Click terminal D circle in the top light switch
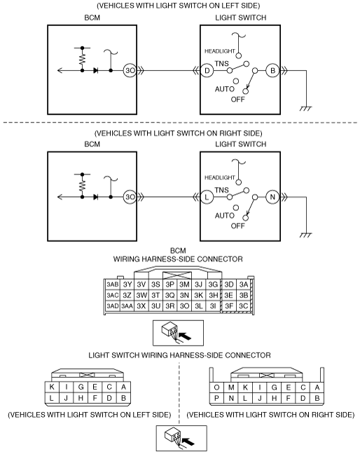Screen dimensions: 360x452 click(207, 71)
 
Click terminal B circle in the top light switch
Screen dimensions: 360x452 click(272, 71)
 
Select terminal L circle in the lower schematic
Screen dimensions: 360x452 click(207, 197)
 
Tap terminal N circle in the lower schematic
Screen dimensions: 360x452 click(272, 197)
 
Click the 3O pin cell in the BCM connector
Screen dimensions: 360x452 click(184, 306)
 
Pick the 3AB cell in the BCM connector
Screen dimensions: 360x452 click(112, 285)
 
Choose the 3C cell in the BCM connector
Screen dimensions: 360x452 click(243, 306)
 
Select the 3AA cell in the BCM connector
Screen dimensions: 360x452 click(127, 306)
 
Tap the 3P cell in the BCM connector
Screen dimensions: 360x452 click(170, 285)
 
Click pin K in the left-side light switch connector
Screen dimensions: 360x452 click(52, 387)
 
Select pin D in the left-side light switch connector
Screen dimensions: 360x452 click(109, 398)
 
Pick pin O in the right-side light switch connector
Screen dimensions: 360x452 click(216, 388)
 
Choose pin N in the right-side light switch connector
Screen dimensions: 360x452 click(231, 398)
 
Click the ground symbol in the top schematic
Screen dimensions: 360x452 click(305, 109)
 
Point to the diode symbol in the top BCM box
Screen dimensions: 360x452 click(96, 70)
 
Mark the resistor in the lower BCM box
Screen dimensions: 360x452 click(83, 185)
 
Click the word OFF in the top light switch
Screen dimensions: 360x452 click(237, 100)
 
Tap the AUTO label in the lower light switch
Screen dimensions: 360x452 click(225, 216)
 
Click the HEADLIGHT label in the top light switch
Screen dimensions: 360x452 click(220, 51)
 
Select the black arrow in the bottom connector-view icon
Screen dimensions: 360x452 click(189, 441)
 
